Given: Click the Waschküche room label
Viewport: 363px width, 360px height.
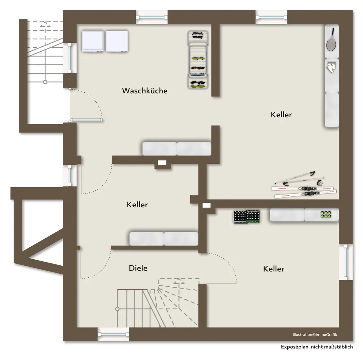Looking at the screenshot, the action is tap(145, 90).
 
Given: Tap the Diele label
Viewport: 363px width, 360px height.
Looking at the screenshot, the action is tap(138, 268).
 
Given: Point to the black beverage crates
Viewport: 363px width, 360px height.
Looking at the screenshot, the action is tap(247, 217).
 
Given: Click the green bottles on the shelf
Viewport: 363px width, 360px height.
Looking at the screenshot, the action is tap(326, 214).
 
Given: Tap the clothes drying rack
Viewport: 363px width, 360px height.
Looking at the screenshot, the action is tap(198, 60).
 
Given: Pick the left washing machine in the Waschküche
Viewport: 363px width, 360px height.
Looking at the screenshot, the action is tap(93, 41).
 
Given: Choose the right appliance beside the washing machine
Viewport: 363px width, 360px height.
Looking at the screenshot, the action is tap(117, 41).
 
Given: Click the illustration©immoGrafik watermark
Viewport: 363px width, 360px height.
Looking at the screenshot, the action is tap(315, 335).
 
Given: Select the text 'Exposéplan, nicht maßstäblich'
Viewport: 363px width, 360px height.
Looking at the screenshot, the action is tap(317, 347).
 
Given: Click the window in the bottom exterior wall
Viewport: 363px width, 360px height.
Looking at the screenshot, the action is tap(113, 334).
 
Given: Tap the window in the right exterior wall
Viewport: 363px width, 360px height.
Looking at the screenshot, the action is tap(346, 262).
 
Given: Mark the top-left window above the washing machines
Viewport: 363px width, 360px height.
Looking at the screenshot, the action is tap(151, 17).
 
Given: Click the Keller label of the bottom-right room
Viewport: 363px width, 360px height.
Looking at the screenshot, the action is tap(274, 269).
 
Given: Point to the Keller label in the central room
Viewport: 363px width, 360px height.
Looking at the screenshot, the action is tap(137, 205).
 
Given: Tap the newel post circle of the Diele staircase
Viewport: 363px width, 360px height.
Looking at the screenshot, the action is tap(117, 309).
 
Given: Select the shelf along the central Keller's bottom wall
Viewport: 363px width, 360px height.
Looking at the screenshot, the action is tap(164, 239).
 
